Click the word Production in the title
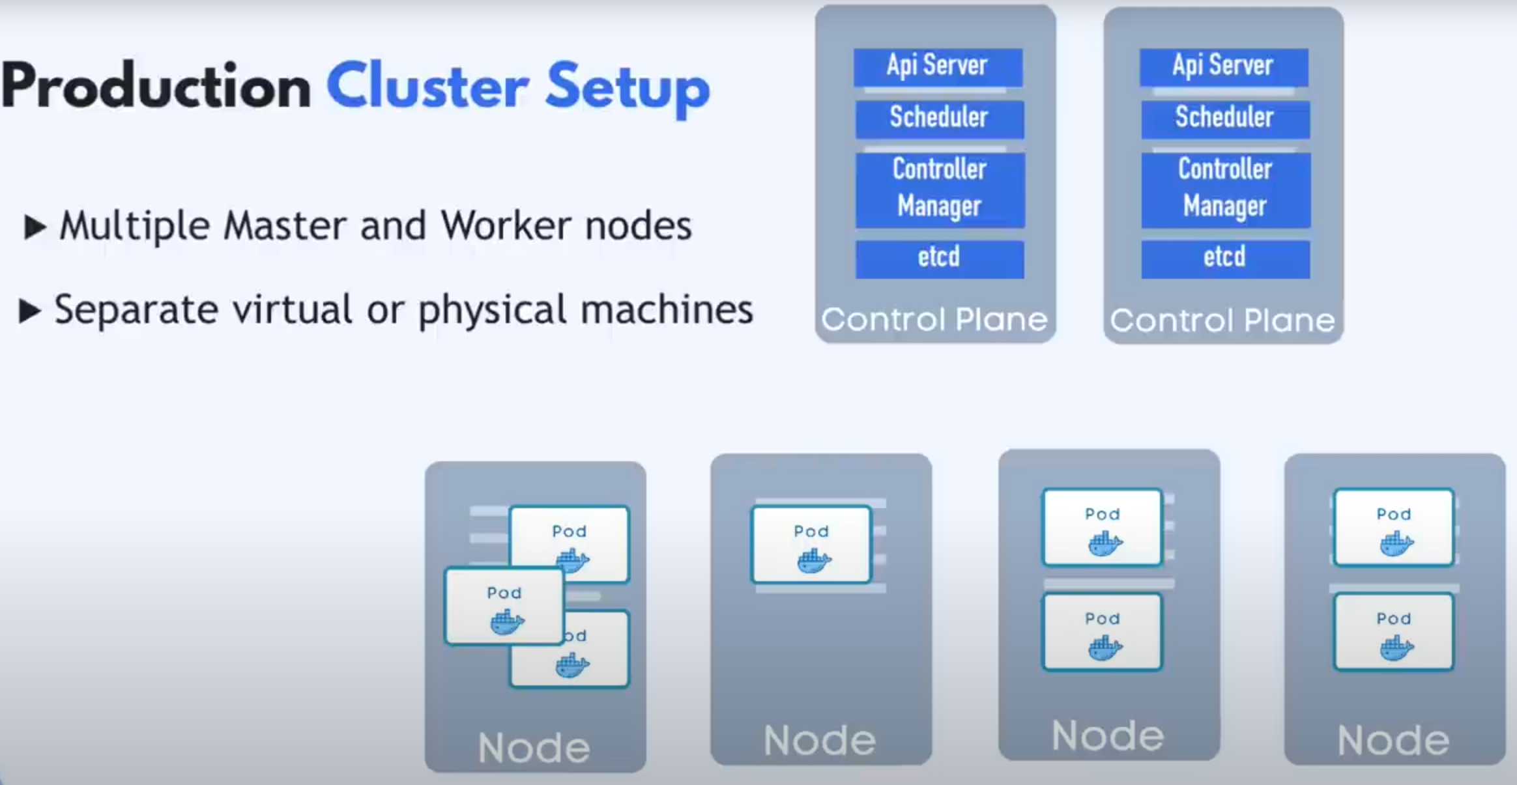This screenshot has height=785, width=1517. [156, 87]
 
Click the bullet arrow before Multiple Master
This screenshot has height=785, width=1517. [35, 227]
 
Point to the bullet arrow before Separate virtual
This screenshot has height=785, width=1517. [31, 311]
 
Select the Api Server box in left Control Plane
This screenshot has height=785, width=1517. [938, 67]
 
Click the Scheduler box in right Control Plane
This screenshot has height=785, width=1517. [1225, 119]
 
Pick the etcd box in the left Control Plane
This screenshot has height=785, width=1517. [940, 259]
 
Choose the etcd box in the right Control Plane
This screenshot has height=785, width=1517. [1225, 259]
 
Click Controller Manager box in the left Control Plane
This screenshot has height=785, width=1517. [940, 190]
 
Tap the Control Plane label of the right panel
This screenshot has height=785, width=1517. [1222, 320]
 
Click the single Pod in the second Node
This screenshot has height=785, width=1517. [811, 545]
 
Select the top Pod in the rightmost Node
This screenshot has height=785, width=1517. [1394, 528]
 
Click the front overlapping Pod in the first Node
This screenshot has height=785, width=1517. [504, 607]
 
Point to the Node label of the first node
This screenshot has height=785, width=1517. [534, 747]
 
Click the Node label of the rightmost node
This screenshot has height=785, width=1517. [1393, 741]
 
